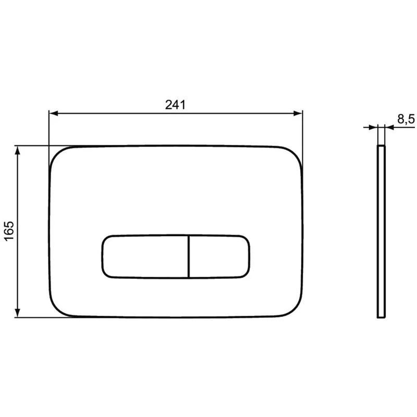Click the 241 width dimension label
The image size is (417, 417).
tap(175, 105)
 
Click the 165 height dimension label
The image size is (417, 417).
tap(9, 231)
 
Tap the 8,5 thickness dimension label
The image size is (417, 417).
tap(406, 119)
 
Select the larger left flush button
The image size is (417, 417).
tap(145, 256)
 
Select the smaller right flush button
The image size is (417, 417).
tap(219, 256)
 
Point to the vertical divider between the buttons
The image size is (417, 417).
tap(188, 256)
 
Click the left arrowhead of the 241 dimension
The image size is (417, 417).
tap(54, 114)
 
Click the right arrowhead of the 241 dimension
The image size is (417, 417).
tap(298, 114)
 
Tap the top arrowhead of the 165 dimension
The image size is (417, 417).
tap(18, 151)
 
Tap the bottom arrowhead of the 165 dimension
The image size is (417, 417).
tap(18, 313)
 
